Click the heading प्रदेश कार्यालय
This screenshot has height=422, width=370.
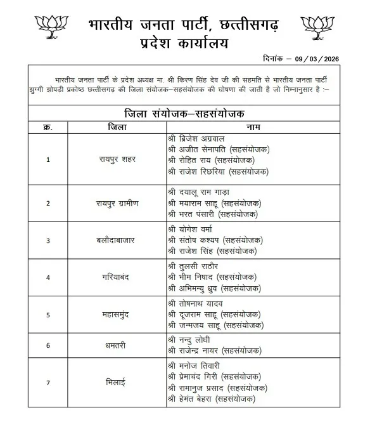tap(186, 43)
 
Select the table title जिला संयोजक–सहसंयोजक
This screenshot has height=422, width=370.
tap(184, 114)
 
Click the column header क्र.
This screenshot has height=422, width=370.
tap(48, 128)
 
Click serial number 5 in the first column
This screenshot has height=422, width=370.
tap(48, 314)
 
